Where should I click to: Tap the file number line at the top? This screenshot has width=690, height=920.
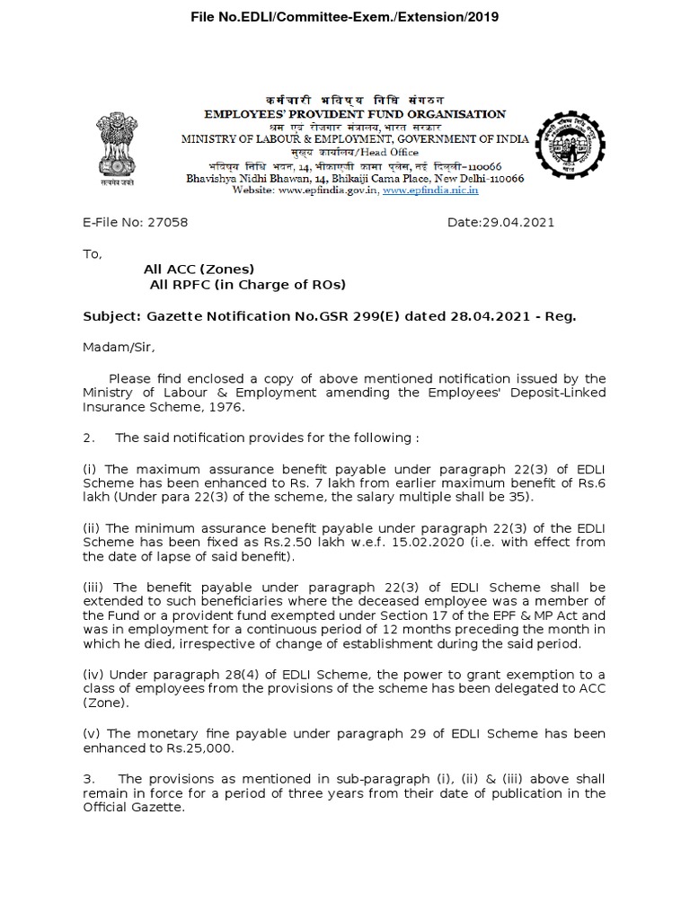coord(345,17)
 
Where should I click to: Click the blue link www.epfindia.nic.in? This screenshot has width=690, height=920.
coord(429,190)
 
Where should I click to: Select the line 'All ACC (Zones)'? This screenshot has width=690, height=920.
coord(199,269)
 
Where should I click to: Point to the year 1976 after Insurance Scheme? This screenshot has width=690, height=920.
coord(225,406)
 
